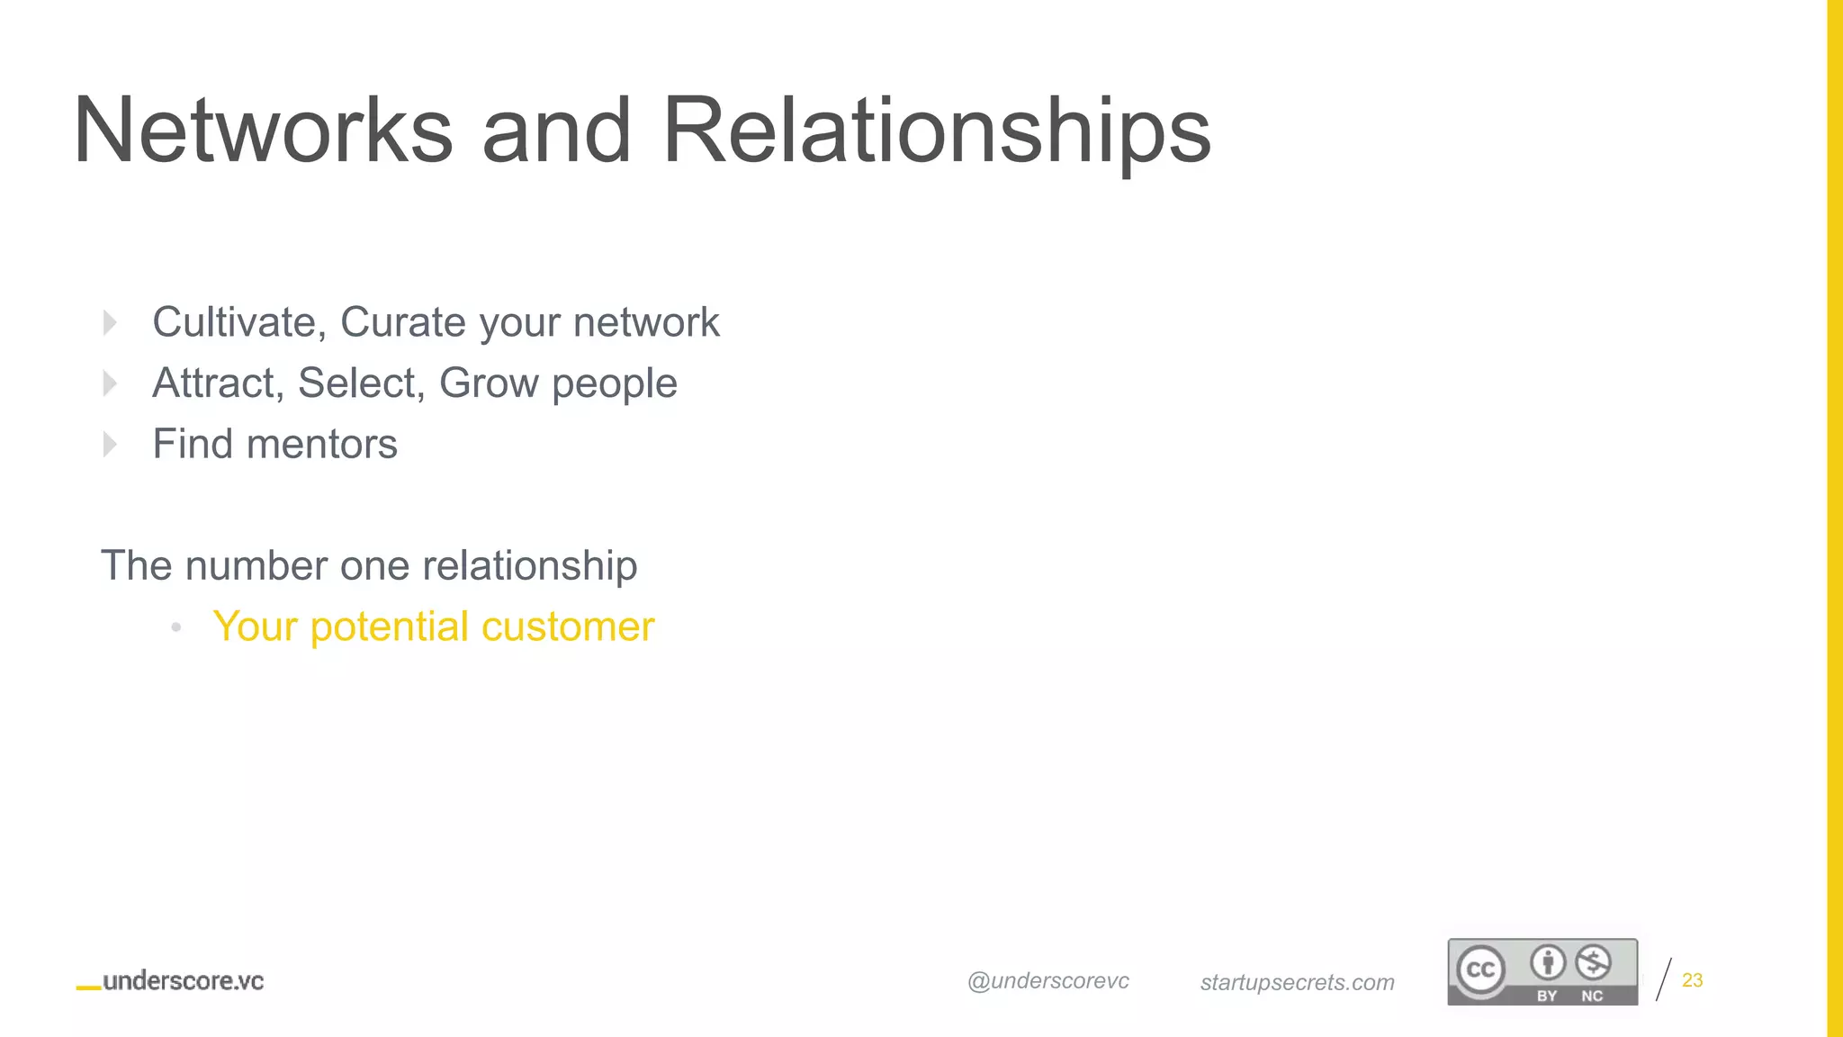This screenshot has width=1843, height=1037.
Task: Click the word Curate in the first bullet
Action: (404, 322)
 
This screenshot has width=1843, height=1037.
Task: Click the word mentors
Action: (321, 444)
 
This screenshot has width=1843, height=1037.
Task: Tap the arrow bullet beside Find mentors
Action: (110, 444)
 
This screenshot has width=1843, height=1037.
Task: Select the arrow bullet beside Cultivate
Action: (110, 322)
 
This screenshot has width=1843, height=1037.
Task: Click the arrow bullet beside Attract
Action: (110, 383)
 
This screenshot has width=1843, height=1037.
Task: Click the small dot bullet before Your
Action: (176, 627)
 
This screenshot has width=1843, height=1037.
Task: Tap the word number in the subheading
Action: (256, 566)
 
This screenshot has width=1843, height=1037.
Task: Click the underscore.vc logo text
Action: (183, 981)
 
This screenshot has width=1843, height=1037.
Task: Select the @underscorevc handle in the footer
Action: (1048, 981)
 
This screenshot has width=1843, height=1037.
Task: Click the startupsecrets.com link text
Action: (1297, 982)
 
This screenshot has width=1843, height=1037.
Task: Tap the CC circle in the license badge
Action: (1480, 969)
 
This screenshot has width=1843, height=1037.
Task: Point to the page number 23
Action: (1692, 980)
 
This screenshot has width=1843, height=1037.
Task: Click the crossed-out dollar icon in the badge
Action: (1593, 963)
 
